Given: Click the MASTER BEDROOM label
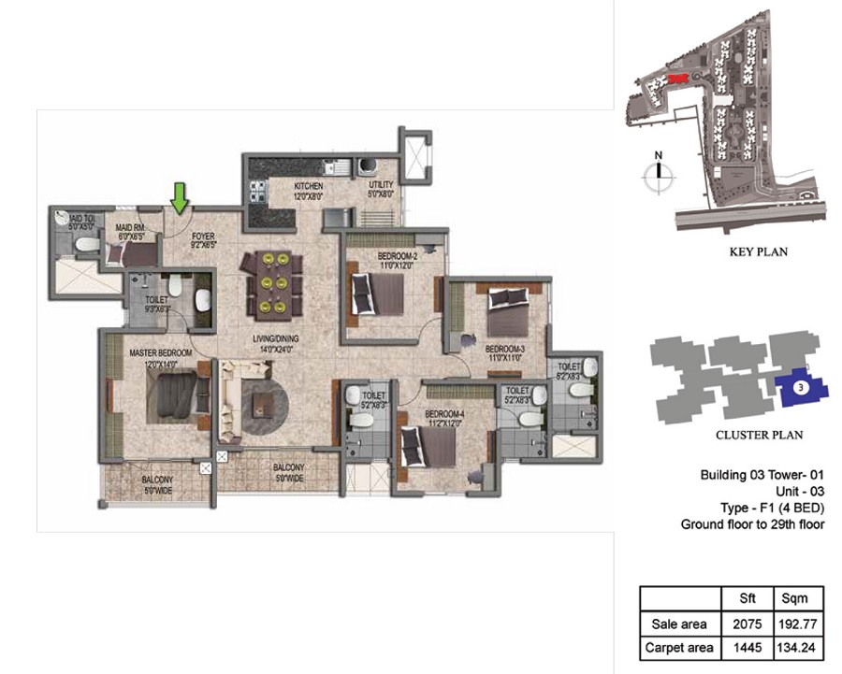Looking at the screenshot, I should pos(161,352).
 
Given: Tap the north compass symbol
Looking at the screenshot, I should pos(659,170).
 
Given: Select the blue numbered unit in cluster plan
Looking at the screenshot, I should pos(797,386).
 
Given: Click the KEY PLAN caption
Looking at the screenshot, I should pos(758,251).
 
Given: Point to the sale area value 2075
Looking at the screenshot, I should pos(741,623).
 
